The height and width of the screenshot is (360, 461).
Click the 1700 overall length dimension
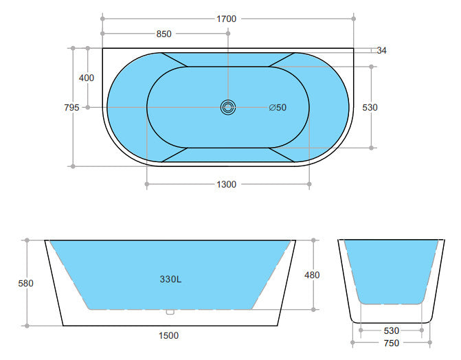226,19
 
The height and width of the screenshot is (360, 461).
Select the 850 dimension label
164,34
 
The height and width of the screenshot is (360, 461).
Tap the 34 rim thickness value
382,51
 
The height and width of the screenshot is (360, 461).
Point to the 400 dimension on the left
87,78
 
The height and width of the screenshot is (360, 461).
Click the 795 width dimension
71,107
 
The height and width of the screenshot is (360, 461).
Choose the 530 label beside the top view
371,107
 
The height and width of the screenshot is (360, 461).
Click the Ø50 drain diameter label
278,107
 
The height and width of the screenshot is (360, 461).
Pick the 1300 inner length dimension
226,184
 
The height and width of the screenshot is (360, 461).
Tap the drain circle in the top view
228,107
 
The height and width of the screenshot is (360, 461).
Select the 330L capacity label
170,280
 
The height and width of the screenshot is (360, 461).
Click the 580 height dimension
26,282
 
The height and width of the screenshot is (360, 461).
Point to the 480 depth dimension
312,275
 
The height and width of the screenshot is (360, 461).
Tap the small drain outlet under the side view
170,312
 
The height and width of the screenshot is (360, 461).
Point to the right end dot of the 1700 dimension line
355,19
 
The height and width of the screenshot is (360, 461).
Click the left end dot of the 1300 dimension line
146,184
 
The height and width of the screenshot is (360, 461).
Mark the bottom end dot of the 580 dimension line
26,325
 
